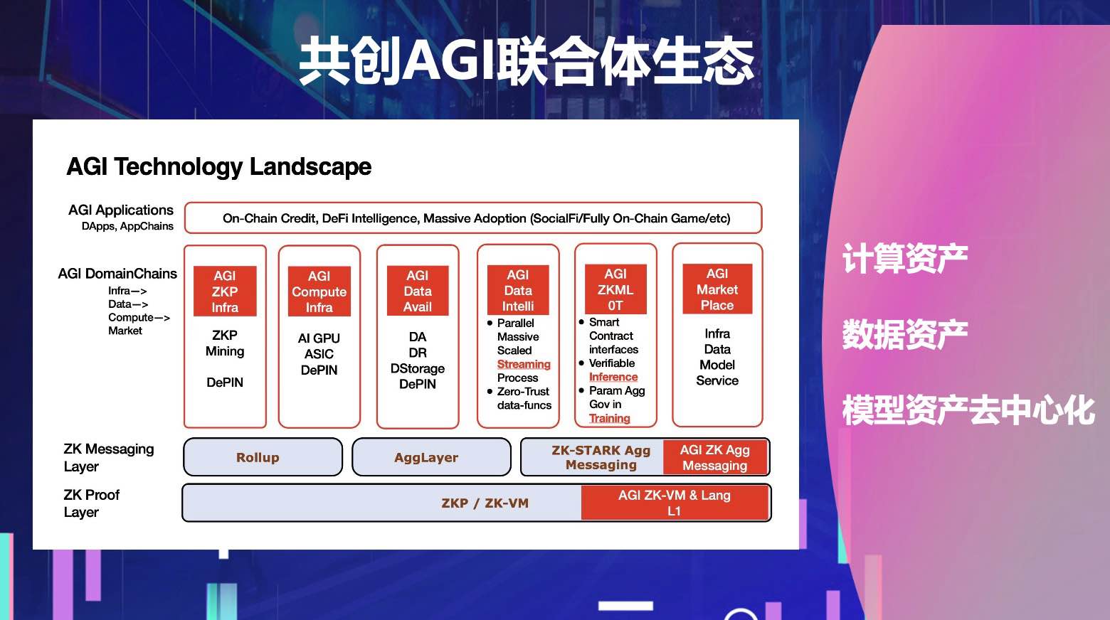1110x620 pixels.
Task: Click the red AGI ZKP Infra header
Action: click(x=225, y=292)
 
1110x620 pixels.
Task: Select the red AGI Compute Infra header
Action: click(x=319, y=292)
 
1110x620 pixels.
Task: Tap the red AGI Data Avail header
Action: click(x=418, y=291)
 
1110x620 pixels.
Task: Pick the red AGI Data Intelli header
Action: click(x=518, y=290)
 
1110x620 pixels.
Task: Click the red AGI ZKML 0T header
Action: click(x=615, y=289)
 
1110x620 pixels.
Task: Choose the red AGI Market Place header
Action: click(x=717, y=289)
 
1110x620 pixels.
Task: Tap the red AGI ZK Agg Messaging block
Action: click(x=715, y=457)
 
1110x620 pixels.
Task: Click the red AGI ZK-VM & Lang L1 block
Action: click(x=675, y=503)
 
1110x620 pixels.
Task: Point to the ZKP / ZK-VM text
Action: click(x=485, y=503)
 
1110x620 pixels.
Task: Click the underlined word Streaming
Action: click(x=524, y=364)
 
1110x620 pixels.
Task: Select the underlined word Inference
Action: click(x=613, y=377)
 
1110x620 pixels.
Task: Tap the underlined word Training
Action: click(x=610, y=418)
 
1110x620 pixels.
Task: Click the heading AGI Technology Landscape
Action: click(x=219, y=166)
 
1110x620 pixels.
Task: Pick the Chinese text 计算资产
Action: click(x=904, y=258)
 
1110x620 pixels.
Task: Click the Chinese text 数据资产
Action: click(x=904, y=334)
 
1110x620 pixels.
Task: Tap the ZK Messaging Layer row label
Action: click(x=108, y=457)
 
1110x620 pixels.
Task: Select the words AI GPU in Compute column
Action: click(x=319, y=338)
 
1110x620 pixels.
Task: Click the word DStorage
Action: click(x=418, y=368)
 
